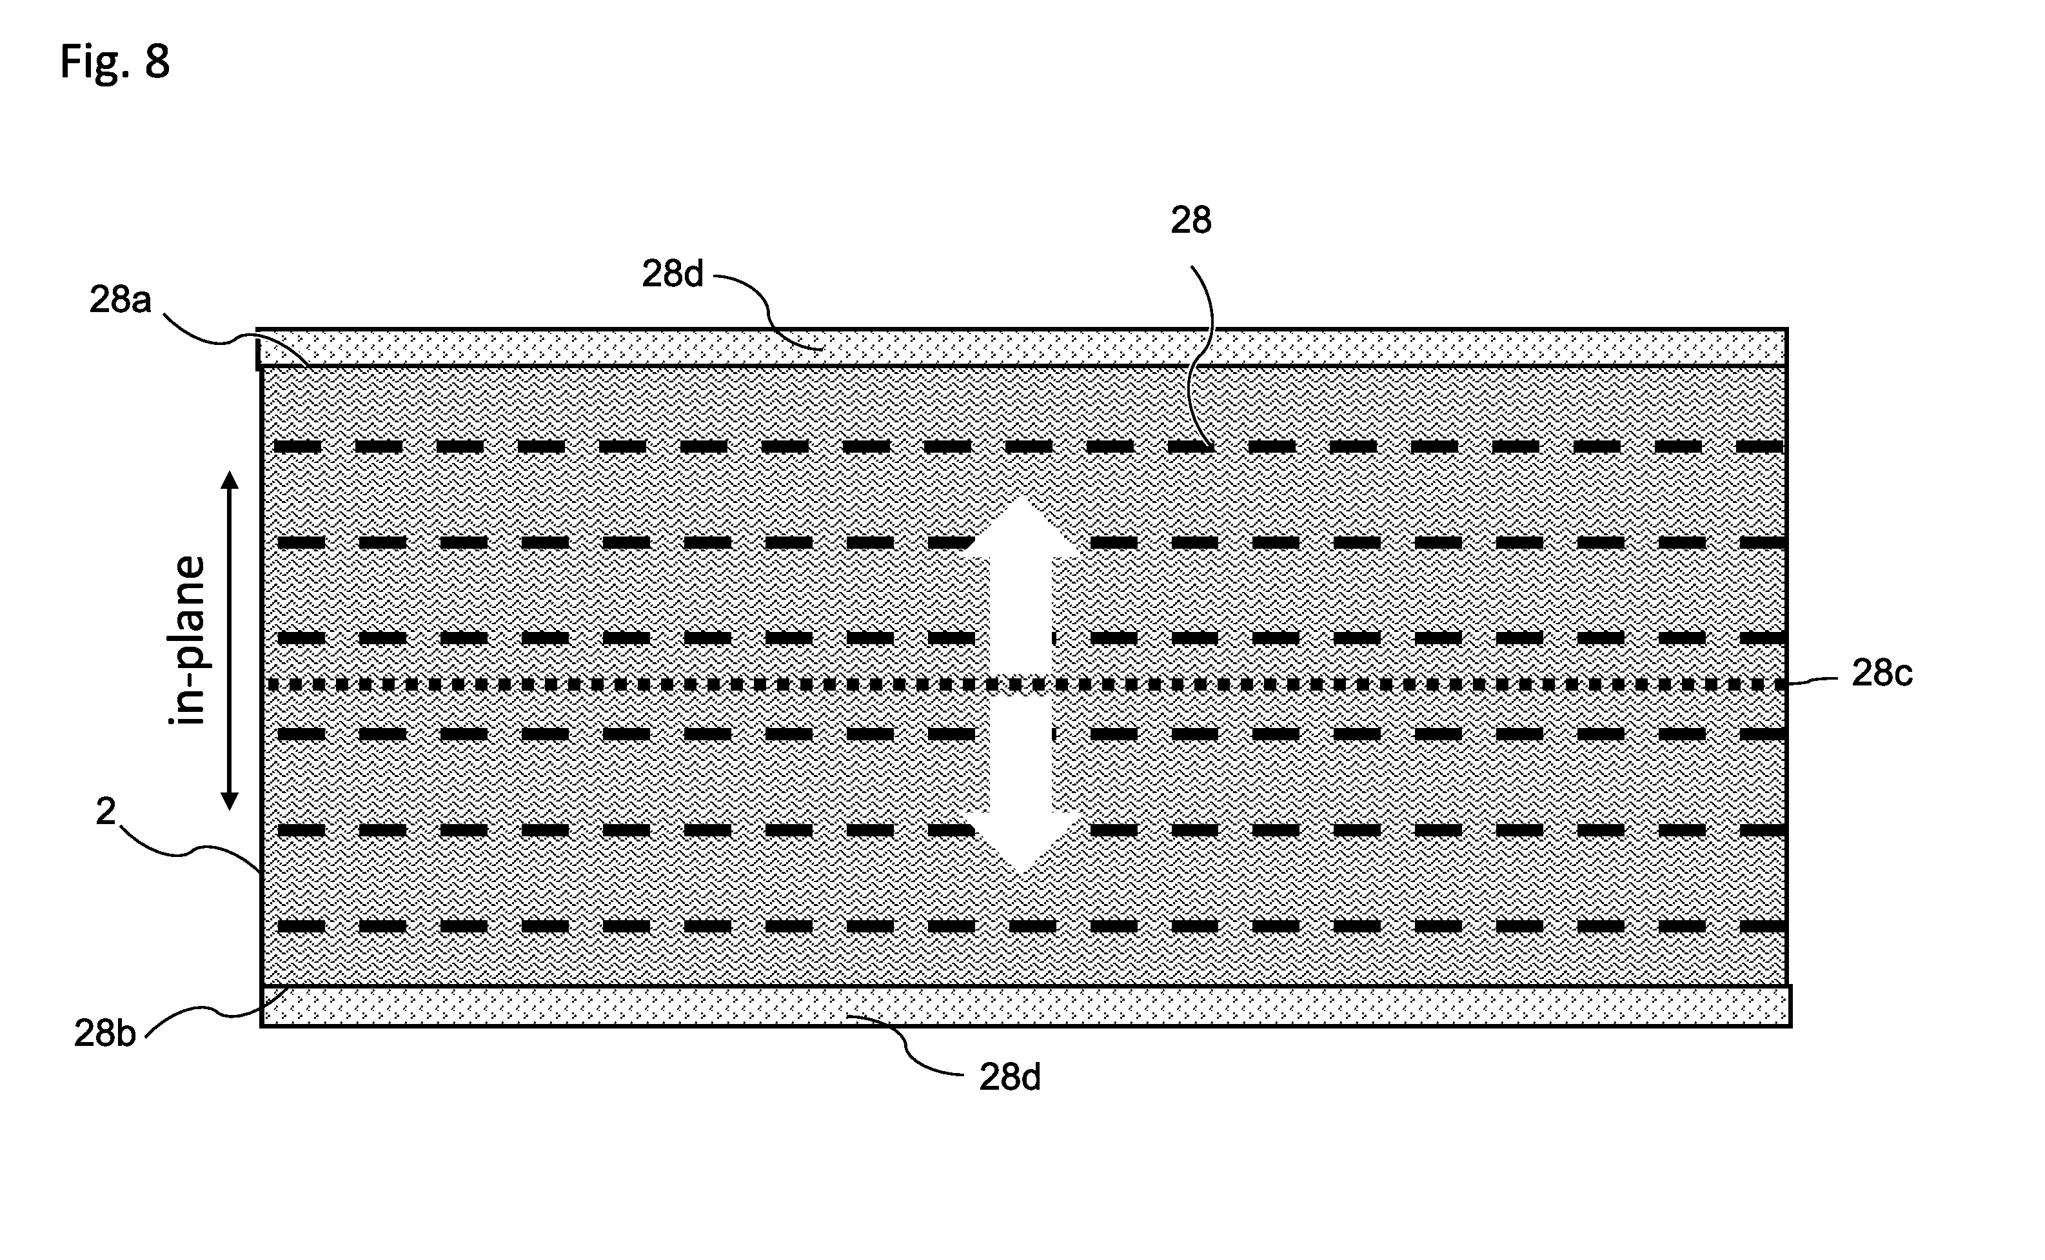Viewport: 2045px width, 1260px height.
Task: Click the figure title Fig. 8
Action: click(x=115, y=62)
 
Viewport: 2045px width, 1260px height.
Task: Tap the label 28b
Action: click(x=105, y=1033)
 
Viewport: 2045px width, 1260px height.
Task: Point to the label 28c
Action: click(x=1882, y=673)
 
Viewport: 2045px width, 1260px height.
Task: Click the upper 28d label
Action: click(x=673, y=273)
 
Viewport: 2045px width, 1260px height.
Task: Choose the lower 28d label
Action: click(x=1010, y=1078)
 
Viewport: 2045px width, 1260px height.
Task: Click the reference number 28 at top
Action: click(x=1191, y=220)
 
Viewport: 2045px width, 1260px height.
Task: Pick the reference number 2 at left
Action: click(x=106, y=811)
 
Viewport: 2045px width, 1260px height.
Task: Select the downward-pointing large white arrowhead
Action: click(x=1021, y=843)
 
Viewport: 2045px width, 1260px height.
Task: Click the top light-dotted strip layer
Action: click(x=1022, y=348)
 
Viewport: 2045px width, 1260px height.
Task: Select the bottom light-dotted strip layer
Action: click(x=1026, y=1007)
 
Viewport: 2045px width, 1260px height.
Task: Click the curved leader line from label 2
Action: click(x=192, y=850)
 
